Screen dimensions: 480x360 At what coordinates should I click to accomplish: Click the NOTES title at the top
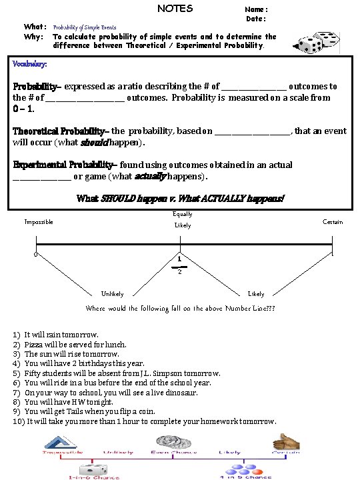click(175, 9)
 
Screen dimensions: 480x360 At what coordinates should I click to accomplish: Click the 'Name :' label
click(257, 9)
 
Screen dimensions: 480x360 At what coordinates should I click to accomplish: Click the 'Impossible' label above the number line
click(39, 222)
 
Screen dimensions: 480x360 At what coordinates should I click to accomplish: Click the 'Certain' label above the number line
click(333, 222)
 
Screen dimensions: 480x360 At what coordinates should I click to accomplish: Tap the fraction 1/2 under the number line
click(179, 264)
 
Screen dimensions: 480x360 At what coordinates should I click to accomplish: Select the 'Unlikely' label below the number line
click(112, 294)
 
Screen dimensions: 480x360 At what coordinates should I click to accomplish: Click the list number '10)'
click(19, 421)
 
